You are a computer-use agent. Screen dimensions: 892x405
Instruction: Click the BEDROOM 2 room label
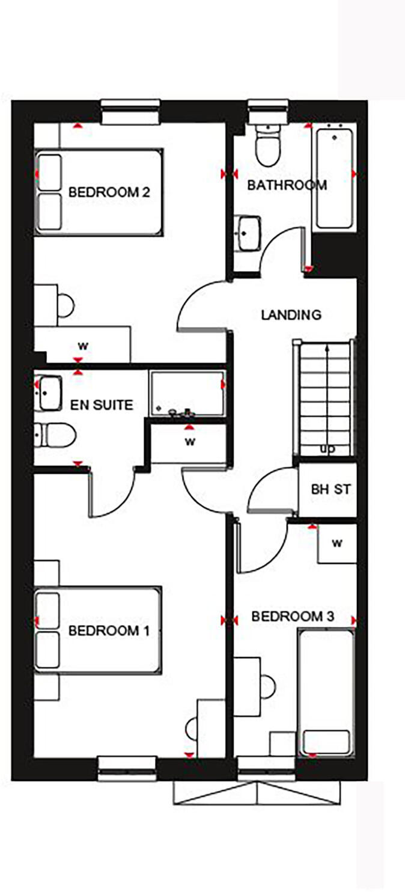tap(109, 192)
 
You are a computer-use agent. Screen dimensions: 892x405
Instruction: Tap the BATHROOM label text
tap(287, 185)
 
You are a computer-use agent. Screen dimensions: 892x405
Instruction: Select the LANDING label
tap(291, 314)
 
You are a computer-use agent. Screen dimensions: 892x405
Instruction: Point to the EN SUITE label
tap(102, 405)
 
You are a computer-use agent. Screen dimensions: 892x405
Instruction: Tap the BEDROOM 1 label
tap(109, 631)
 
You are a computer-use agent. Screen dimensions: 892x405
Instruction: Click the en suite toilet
tap(55, 435)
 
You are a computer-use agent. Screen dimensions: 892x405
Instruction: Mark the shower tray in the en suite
tap(187, 393)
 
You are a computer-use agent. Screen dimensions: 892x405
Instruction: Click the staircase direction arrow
tap(326, 397)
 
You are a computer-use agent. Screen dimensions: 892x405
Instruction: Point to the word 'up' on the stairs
tap(327, 449)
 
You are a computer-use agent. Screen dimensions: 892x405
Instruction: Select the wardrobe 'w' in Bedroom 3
tap(337, 544)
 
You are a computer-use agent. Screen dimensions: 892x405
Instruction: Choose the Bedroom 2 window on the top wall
tap(130, 112)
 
